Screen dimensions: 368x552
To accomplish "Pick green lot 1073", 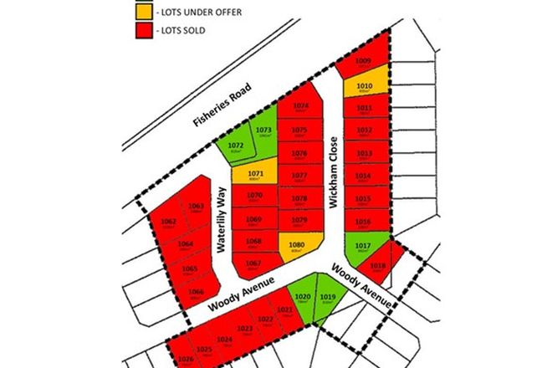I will (263, 133).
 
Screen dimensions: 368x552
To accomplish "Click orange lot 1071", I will (252, 176).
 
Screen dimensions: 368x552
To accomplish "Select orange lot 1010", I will (364, 85).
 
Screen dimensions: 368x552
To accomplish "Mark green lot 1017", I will (363, 247).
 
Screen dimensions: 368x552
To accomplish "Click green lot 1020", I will (302, 297).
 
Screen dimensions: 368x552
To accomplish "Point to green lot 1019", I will (328, 299).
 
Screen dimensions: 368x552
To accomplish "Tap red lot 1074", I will (300, 108).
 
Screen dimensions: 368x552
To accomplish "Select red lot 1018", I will (379, 267).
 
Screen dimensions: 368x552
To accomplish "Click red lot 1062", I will (168, 223).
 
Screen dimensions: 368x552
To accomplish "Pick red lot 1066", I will (197, 292).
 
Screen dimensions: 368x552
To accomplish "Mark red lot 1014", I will (363, 177).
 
